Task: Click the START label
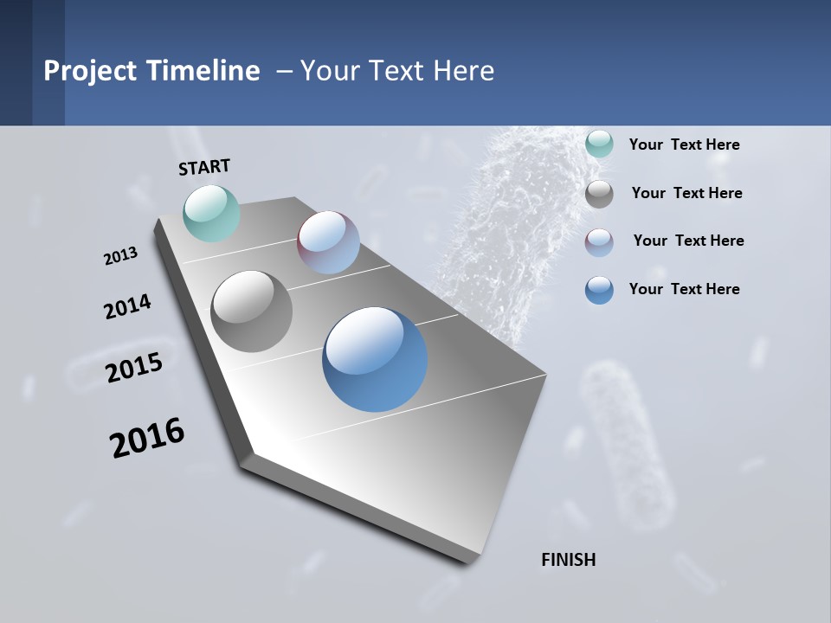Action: click(204, 167)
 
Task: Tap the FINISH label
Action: click(569, 560)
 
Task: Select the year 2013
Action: click(120, 256)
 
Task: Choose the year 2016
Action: click(147, 438)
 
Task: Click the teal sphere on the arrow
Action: click(211, 213)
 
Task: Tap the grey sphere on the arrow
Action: click(251, 311)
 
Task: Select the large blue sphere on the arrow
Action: click(375, 359)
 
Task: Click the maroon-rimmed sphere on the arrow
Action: click(328, 242)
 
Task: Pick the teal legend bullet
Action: click(599, 145)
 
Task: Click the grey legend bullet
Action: click(599, 194)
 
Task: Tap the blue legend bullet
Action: click(599, 290)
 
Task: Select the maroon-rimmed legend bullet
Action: click(599, 242)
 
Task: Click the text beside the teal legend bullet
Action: click(684, 145)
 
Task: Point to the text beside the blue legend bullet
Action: click(684, 289)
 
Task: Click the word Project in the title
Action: click(90, 71)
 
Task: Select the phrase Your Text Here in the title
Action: click(397, 71)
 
